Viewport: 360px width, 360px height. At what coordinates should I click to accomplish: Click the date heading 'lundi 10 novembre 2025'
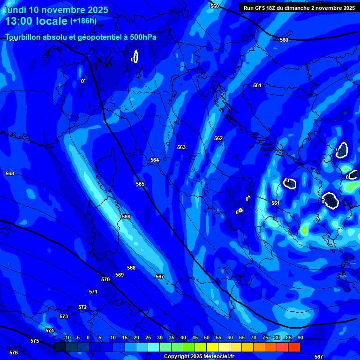[x=56, y=10]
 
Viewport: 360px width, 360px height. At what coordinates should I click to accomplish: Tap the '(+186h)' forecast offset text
[x=83, y=21]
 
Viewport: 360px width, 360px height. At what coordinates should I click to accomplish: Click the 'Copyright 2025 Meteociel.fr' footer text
[x=199, y=356]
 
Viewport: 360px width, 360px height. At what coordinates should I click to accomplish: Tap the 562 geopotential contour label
[x=218, y=138]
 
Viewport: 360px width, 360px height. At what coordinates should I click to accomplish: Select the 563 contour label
[x=181, y=147]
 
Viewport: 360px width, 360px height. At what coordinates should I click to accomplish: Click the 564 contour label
[x=155, y=160]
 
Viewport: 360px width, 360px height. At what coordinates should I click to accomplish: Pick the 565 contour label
[x=140, y=184]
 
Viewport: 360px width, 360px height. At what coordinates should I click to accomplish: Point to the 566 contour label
[x=126, y=217]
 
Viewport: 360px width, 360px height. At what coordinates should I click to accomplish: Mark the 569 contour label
[x=120, y=275]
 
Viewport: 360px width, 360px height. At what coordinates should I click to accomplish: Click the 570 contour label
[x=105, y=279]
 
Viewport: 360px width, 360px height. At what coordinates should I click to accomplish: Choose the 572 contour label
[x=82, y=307]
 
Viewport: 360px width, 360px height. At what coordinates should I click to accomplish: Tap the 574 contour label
[x=50, y=330]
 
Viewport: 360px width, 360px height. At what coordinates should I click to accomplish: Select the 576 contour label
[x=14, y=352]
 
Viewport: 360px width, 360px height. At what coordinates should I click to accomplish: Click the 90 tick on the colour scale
[x=300, y=337]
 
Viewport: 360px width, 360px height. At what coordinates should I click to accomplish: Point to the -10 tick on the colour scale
[x=67, y=337]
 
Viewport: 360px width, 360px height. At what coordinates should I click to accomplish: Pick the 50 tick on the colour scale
[x=207, y=337]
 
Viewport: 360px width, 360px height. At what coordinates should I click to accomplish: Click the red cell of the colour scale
[x=294, y=347]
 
